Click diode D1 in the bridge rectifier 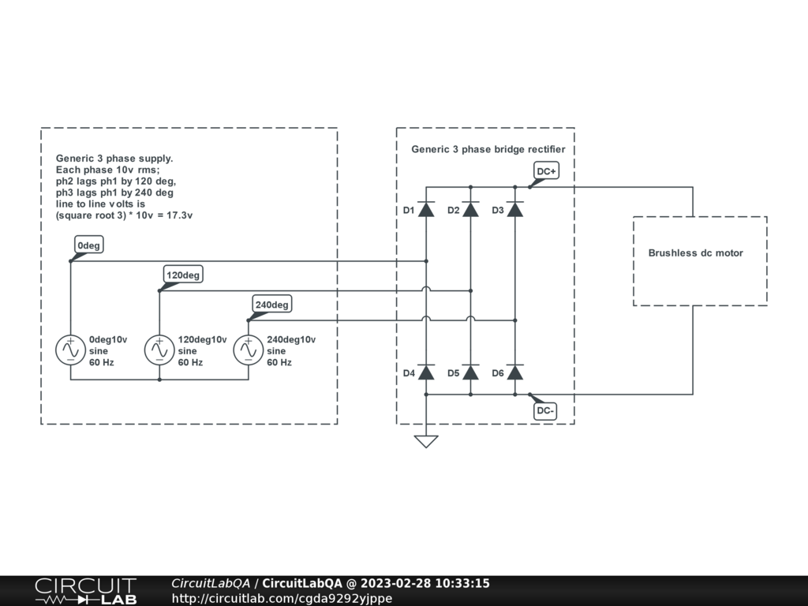click(426, 210)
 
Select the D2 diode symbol click(470, 210)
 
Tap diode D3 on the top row click(514, 210)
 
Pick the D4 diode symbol click(426, 372)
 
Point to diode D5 click(470, 372)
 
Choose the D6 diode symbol click(514, 372)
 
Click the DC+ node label click(546, 171)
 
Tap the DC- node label click(545, 410)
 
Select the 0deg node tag click(88, 245)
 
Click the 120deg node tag click(183, 275)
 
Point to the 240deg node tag click(272, 305)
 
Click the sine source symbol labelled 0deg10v click(70, 350)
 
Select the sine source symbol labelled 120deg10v click(159, 350)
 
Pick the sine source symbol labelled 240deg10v click(249, 350)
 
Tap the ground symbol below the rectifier click(426, 440)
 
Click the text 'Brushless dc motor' click(695, 253)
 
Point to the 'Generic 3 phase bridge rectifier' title click(488, 149)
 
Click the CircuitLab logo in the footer click(85, 590)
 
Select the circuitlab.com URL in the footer click(282, 598)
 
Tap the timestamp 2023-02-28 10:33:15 click(425, 583)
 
